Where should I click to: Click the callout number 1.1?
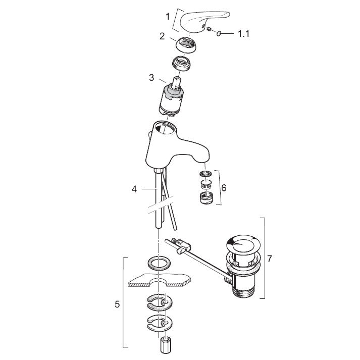click(243, 34)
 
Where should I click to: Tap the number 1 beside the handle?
click(168, 17)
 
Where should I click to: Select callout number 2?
click(162, 36)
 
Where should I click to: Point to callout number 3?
click(151, 78)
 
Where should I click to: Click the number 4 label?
click(134, 189)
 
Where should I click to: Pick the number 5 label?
click(117, 304)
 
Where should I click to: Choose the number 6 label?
click(224, 188)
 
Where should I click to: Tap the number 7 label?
click(270, 259)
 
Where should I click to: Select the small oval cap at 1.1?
click(218, 34)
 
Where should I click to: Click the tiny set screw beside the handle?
click(209, 29)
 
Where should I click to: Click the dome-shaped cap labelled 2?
click(186, 45)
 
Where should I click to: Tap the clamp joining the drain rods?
click(182, 247)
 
